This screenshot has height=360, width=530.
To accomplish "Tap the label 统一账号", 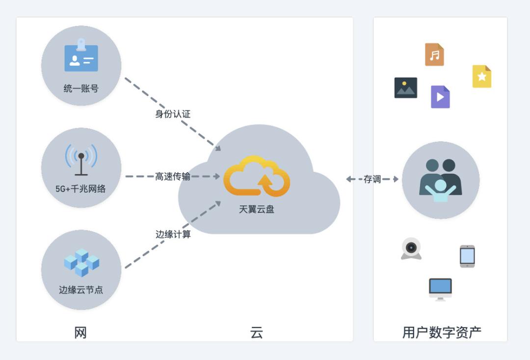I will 81,89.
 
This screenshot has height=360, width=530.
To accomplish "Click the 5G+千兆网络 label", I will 80,188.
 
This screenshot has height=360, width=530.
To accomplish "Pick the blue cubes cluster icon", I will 81,262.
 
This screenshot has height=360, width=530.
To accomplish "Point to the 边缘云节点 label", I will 81,290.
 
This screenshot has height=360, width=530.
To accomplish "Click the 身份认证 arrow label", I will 173,114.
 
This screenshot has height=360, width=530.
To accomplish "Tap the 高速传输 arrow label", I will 173,177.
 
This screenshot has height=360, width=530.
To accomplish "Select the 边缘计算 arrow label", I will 173,234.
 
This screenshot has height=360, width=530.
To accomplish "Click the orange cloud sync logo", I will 257,177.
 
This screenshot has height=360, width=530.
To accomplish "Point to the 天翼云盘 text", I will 257,209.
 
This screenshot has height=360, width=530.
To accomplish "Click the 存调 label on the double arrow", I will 372,180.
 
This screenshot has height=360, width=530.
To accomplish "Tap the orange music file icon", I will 434,54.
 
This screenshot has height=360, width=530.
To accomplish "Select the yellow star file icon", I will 481,77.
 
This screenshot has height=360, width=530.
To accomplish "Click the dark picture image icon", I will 406,88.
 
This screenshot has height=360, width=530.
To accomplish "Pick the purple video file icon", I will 440,97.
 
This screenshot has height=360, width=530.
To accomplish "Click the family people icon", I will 440,180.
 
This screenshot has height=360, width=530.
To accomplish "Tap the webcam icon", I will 411,249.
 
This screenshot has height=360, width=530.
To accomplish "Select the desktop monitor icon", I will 440,289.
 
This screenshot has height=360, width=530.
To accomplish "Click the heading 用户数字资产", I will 441,333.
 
